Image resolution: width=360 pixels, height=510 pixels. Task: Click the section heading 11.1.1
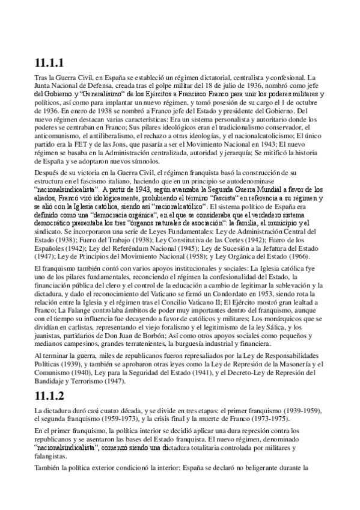[49, 63]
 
